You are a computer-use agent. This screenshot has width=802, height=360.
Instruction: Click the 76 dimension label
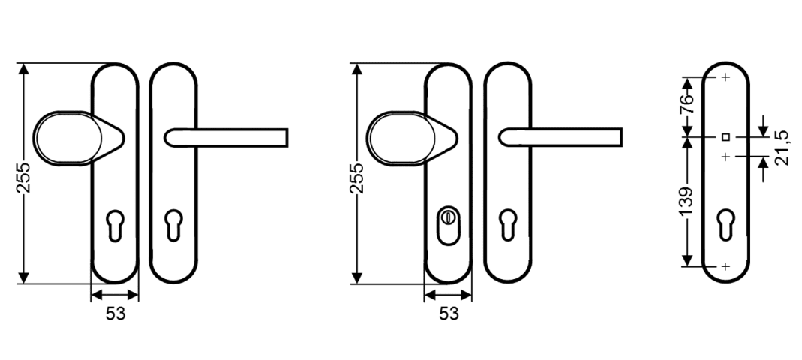click(x=687, y=103)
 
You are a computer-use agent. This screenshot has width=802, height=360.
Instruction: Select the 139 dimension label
click(x=687, y=202)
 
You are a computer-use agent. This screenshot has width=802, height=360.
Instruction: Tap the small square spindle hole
click(x=725, y=137)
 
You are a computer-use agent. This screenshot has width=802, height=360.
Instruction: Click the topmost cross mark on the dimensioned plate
click(x=725, y=77)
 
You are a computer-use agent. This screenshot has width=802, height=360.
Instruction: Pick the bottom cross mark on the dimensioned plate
click(x=725, y=266)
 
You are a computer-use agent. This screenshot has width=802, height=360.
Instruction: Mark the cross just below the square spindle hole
click(x=725, y=157)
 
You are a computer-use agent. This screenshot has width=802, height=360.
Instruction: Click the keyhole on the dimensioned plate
click(x=726, y=224)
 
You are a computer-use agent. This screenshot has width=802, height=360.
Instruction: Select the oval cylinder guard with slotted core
click(x=448, y=225)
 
